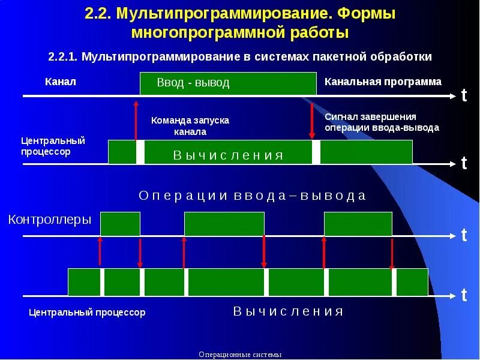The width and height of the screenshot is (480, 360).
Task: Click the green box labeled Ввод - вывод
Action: (x=227, y=83)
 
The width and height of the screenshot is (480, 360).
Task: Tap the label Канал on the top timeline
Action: (x=61, y=82)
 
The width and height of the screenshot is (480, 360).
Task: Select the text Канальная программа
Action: (x=383, y=82)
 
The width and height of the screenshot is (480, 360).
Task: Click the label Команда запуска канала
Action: (x=190, y=126)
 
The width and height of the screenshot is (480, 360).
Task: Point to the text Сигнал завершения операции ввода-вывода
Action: (x=382, y=122)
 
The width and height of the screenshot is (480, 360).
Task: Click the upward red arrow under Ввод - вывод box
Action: (x=136, y=120)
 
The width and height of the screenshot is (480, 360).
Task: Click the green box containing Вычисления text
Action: (x=228, y=152)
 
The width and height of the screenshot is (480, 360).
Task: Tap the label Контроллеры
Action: (x=50, y=220)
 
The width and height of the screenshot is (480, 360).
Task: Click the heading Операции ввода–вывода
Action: (x=252, y=196)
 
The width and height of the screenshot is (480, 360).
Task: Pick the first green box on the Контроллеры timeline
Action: (x=120, y=224)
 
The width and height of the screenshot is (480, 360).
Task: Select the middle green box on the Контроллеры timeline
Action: (x=224, y=224)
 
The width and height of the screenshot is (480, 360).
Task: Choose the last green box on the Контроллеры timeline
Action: (x=358, y=224)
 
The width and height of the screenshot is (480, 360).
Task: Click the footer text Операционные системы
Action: (x=239, y=355)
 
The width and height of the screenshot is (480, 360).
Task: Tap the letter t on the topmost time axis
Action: (x=464, y=95)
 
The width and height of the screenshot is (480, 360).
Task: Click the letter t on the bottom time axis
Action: (x=464, y=295)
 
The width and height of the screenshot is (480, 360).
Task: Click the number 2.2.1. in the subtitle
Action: (x=64, y=56)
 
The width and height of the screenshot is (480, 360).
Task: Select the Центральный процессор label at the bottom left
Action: (x=87, y=313)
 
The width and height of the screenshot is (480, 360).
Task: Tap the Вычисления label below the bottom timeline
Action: (x=288, y=311)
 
